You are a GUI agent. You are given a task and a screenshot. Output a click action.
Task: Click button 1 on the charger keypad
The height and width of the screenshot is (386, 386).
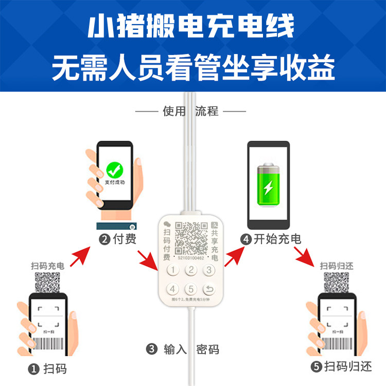click(x=175, y=270)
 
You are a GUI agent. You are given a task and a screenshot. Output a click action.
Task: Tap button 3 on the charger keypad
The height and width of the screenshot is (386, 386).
click(x=208, y=270)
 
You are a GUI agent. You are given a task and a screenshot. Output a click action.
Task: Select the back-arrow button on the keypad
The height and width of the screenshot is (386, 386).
click(x=208, y=289)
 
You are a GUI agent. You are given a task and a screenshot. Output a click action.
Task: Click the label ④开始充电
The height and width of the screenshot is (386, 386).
click(x=270, y=239)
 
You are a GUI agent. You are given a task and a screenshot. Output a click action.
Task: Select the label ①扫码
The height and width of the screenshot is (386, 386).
click(x=47, y=369)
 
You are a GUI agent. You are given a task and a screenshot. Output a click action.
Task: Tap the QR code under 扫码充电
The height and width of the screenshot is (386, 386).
click(x=47, y=283)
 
